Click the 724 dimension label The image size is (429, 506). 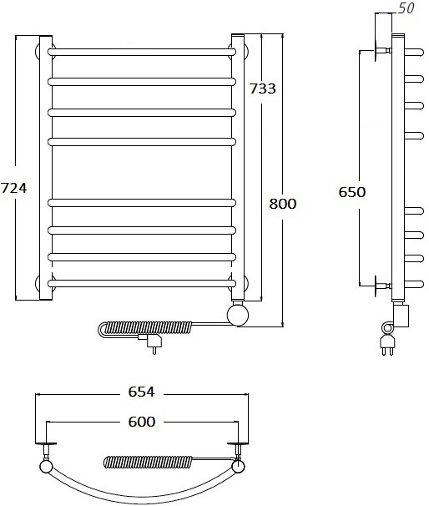(x=14, y=188)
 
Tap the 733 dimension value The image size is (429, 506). (x=263, y=89)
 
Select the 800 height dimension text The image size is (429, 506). (x=283, y=204)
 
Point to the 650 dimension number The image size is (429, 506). (x=352, y=192)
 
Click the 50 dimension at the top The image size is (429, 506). (x=406, y=8)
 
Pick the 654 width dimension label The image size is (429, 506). (x=142, y=392)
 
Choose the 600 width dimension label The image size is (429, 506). (x=142, y=422)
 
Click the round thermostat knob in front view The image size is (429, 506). (x=238, y=315)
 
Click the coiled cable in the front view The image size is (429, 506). (x=145, y=329)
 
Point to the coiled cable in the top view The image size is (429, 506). (x=148, y=462)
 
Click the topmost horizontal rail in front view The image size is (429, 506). (x=142, y=52)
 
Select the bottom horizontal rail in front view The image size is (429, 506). (x=142, y=283)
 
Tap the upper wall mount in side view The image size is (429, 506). (x=383, y=50)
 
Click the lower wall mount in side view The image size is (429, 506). (x=383, y=286)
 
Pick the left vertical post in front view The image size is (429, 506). (x=46, y=168)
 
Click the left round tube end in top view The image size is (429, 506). (x=46, y=466)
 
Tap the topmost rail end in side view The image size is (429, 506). (x=414, y=52)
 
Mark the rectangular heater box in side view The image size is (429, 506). (x=401, y=316)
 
